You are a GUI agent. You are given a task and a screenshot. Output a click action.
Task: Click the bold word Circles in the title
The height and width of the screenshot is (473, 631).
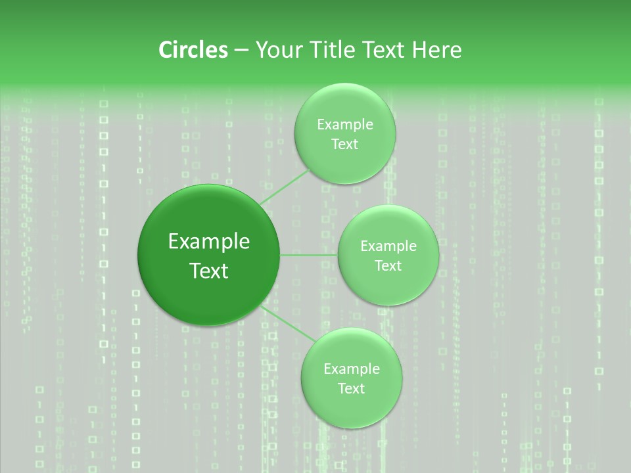(x=193, y=50)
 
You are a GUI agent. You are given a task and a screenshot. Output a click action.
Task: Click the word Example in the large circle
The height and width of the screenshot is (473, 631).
(x=209, y=242)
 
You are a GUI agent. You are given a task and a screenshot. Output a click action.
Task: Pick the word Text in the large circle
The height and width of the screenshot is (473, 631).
(x=209, y=271)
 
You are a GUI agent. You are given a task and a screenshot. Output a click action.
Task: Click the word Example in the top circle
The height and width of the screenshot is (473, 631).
(x=345, y=125)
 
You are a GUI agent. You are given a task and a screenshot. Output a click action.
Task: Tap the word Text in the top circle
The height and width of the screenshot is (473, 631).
(x=345, y=145)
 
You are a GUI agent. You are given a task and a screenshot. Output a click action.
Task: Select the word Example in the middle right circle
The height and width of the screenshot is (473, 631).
(x=388, y=246)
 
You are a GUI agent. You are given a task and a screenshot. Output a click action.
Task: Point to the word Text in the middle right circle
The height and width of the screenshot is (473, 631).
(x=388, y=266)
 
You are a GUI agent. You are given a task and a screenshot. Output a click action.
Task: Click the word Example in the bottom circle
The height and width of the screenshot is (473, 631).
(x=352, y=369)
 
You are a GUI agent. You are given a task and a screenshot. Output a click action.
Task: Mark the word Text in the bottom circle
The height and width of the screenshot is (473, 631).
(x=352, y=389)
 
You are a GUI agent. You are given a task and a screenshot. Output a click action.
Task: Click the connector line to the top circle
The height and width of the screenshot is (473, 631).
(x=285, y=187)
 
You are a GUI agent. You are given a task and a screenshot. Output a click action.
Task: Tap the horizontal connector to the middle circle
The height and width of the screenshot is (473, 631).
(x=309, y=255)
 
